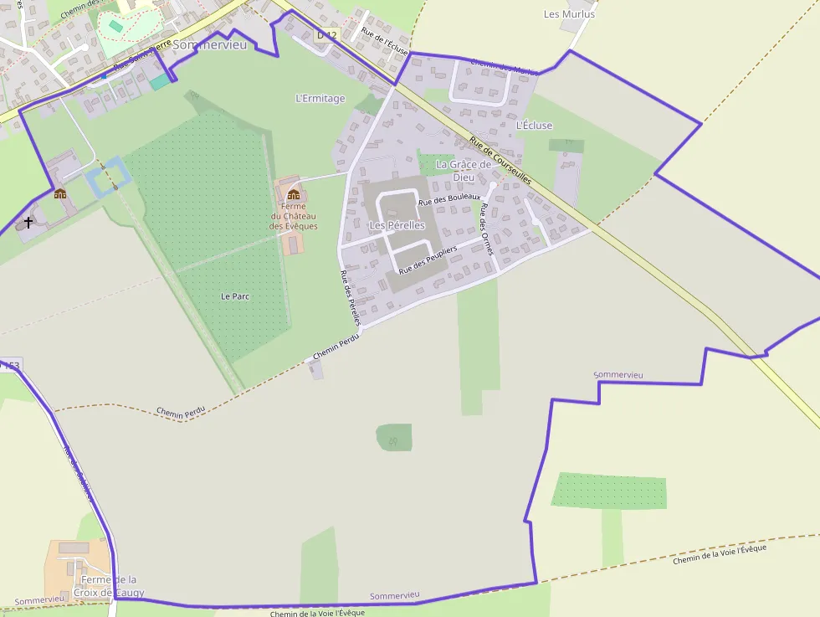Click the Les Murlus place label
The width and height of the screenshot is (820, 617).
(x=569, y=14)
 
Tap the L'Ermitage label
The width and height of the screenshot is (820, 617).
(x=320, y=99)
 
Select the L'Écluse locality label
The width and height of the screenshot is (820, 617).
(x=534, y=126)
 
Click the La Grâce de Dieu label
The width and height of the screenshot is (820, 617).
(x=464, y=171)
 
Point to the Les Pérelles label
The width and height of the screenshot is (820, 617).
(x=397, y=226)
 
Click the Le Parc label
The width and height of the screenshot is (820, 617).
(x=235, y=296)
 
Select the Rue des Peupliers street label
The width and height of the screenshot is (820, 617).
(x=428, y=261)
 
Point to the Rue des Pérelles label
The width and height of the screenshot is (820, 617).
(x=351, y=298)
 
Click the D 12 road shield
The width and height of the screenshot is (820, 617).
(x=326, y=35)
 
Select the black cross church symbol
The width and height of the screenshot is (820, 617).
(x=28, y=223)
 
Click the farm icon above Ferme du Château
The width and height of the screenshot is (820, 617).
(x=293, y=194)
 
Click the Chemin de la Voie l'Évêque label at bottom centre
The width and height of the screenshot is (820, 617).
(x=318, y=614)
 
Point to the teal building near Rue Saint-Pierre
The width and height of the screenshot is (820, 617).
(x=159, y=82)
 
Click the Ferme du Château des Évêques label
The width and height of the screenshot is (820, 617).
(x=293, y=216)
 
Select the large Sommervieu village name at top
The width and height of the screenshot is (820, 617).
(x=210, y=44)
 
